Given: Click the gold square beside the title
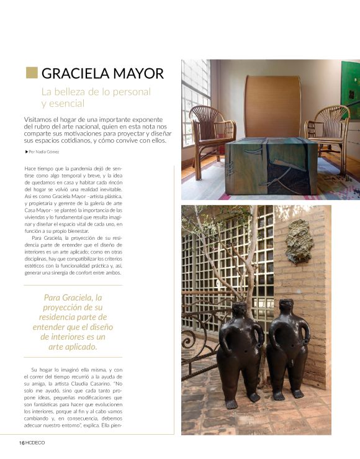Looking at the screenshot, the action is pyautogui.click(x=31, y=73).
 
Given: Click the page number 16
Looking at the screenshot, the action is pyautogui.click(x=20, y=442).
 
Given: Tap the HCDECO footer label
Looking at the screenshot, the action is pyautogui.click(x=35, y=442).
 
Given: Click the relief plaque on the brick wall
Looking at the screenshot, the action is pyautogui.click(x=299, y=241).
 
